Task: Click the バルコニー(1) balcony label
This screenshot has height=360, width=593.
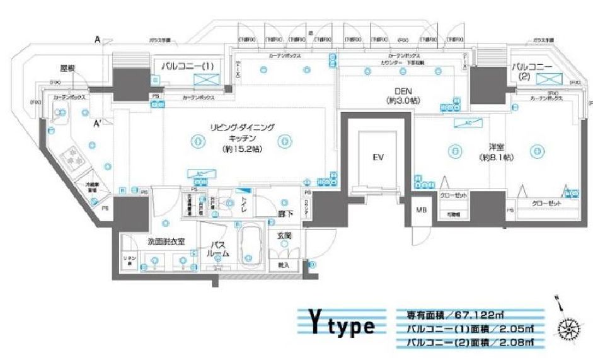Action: pos(188,65)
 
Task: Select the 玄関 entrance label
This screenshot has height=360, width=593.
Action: pos(283,236)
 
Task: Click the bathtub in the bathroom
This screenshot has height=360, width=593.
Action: pos(251,247)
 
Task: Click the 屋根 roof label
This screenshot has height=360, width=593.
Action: pos(68,68)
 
